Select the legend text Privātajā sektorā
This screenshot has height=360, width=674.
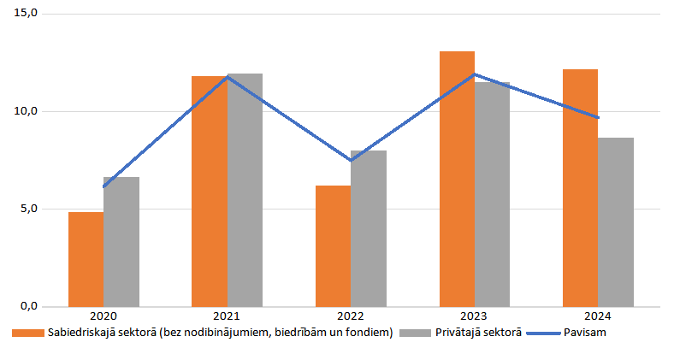tap(476, 333)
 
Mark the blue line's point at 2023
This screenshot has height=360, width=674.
tap(475, 74)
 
